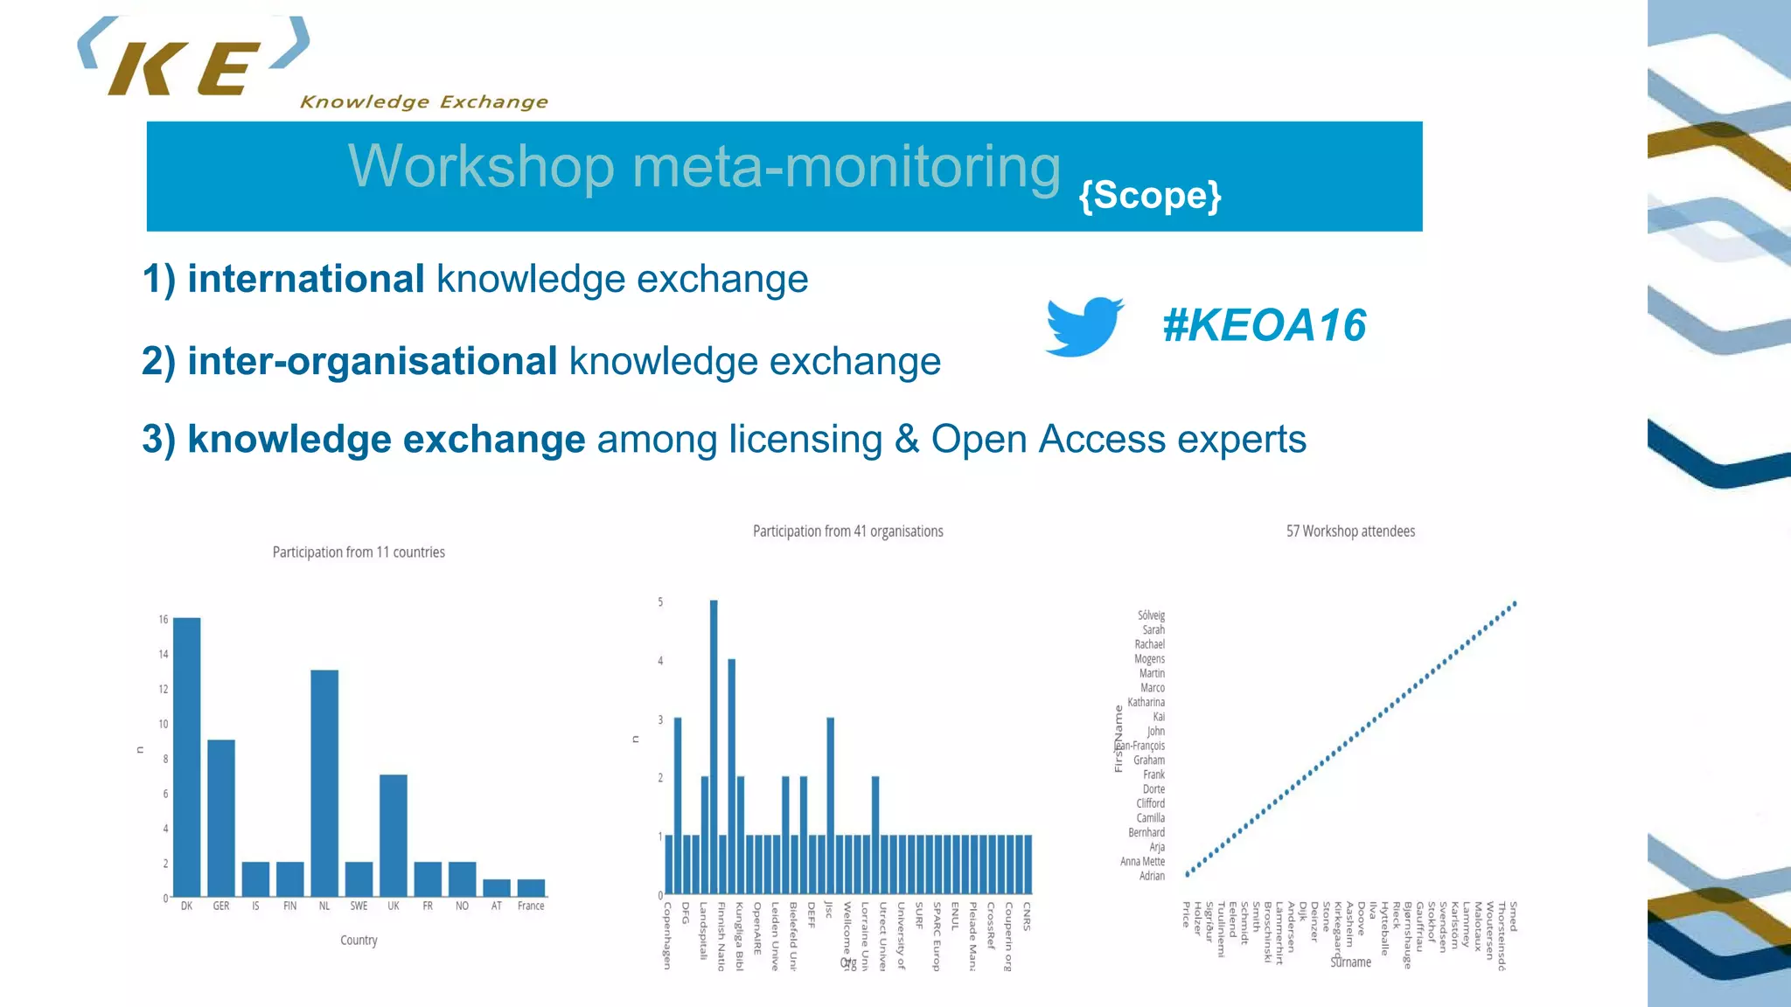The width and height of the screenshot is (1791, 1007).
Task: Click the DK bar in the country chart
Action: pos(186,757)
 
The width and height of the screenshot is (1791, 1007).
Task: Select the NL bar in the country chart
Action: pos(324,783)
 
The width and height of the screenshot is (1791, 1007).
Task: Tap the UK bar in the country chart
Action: pos(394,836)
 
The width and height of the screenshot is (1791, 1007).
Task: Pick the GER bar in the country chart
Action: pos(221,818)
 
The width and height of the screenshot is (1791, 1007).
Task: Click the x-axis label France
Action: pos(531,906)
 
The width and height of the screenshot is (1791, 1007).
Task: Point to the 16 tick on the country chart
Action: pos(164,619)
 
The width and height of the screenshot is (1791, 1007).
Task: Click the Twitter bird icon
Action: pos(1084,326)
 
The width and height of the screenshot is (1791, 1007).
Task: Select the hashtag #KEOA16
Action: pos(1264,325)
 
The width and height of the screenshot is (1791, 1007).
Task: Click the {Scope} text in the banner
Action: pos(1149,195)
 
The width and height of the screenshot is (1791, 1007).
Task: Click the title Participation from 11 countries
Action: pos(359,552)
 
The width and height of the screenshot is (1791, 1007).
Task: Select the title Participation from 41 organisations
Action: pos(847,531)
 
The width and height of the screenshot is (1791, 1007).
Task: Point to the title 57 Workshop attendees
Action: pos(1349,531)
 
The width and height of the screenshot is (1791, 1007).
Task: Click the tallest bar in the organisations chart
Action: pos(714,747)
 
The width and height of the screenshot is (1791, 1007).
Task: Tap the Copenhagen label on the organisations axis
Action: pos(667,935)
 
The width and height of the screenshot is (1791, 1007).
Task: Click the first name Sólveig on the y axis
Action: pos(1151,615)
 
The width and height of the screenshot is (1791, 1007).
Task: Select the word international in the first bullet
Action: pos(306,280)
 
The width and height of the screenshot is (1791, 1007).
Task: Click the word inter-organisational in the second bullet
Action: pos(372,362)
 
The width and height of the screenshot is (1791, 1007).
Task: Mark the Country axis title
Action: pos(359,941)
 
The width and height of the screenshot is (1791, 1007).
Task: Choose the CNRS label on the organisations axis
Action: pos(1027,916)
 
